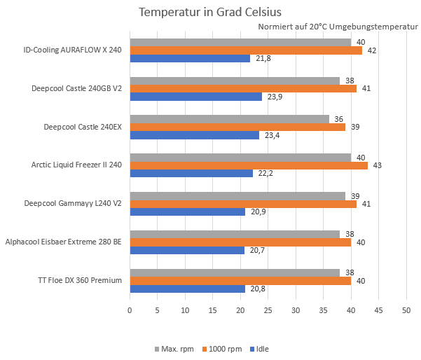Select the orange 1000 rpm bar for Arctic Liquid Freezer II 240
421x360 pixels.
tap(249, 165)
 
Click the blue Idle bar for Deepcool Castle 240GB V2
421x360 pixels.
tap(195, 97)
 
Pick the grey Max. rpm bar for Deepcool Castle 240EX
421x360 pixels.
tap(229, 119)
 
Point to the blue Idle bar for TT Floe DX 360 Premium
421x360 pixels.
tap(188, 289)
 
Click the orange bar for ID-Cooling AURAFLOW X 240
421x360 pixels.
tap(246, 50)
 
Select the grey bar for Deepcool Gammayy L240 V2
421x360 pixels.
tap(237, 195)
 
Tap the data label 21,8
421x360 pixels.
tap(263, 58)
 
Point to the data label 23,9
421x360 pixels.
tap(275, 97)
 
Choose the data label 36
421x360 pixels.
tap(339, 119)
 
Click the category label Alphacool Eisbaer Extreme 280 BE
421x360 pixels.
tap(64, 242)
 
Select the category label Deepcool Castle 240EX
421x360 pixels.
tap(83, 127)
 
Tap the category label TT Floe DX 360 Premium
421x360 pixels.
tap(80, 280)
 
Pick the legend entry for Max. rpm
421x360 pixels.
tap(175, 348)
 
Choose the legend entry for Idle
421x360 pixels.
tap(258, 348)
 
